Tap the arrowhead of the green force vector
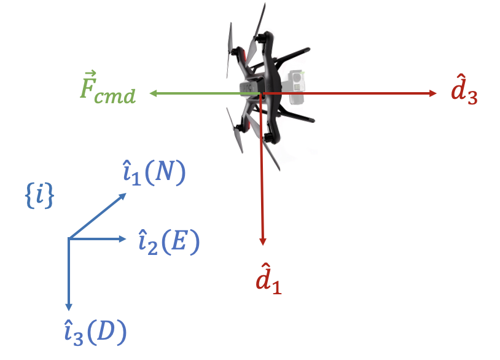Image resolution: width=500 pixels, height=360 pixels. [153, 93]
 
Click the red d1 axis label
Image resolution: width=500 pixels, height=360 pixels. [268, 279]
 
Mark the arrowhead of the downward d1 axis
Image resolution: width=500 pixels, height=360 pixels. [262, 241]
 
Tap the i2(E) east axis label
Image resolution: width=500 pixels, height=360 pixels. [168, 243]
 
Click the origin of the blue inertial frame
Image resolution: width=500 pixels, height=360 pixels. [69, 238]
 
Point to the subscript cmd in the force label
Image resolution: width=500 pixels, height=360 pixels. [117, 96]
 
